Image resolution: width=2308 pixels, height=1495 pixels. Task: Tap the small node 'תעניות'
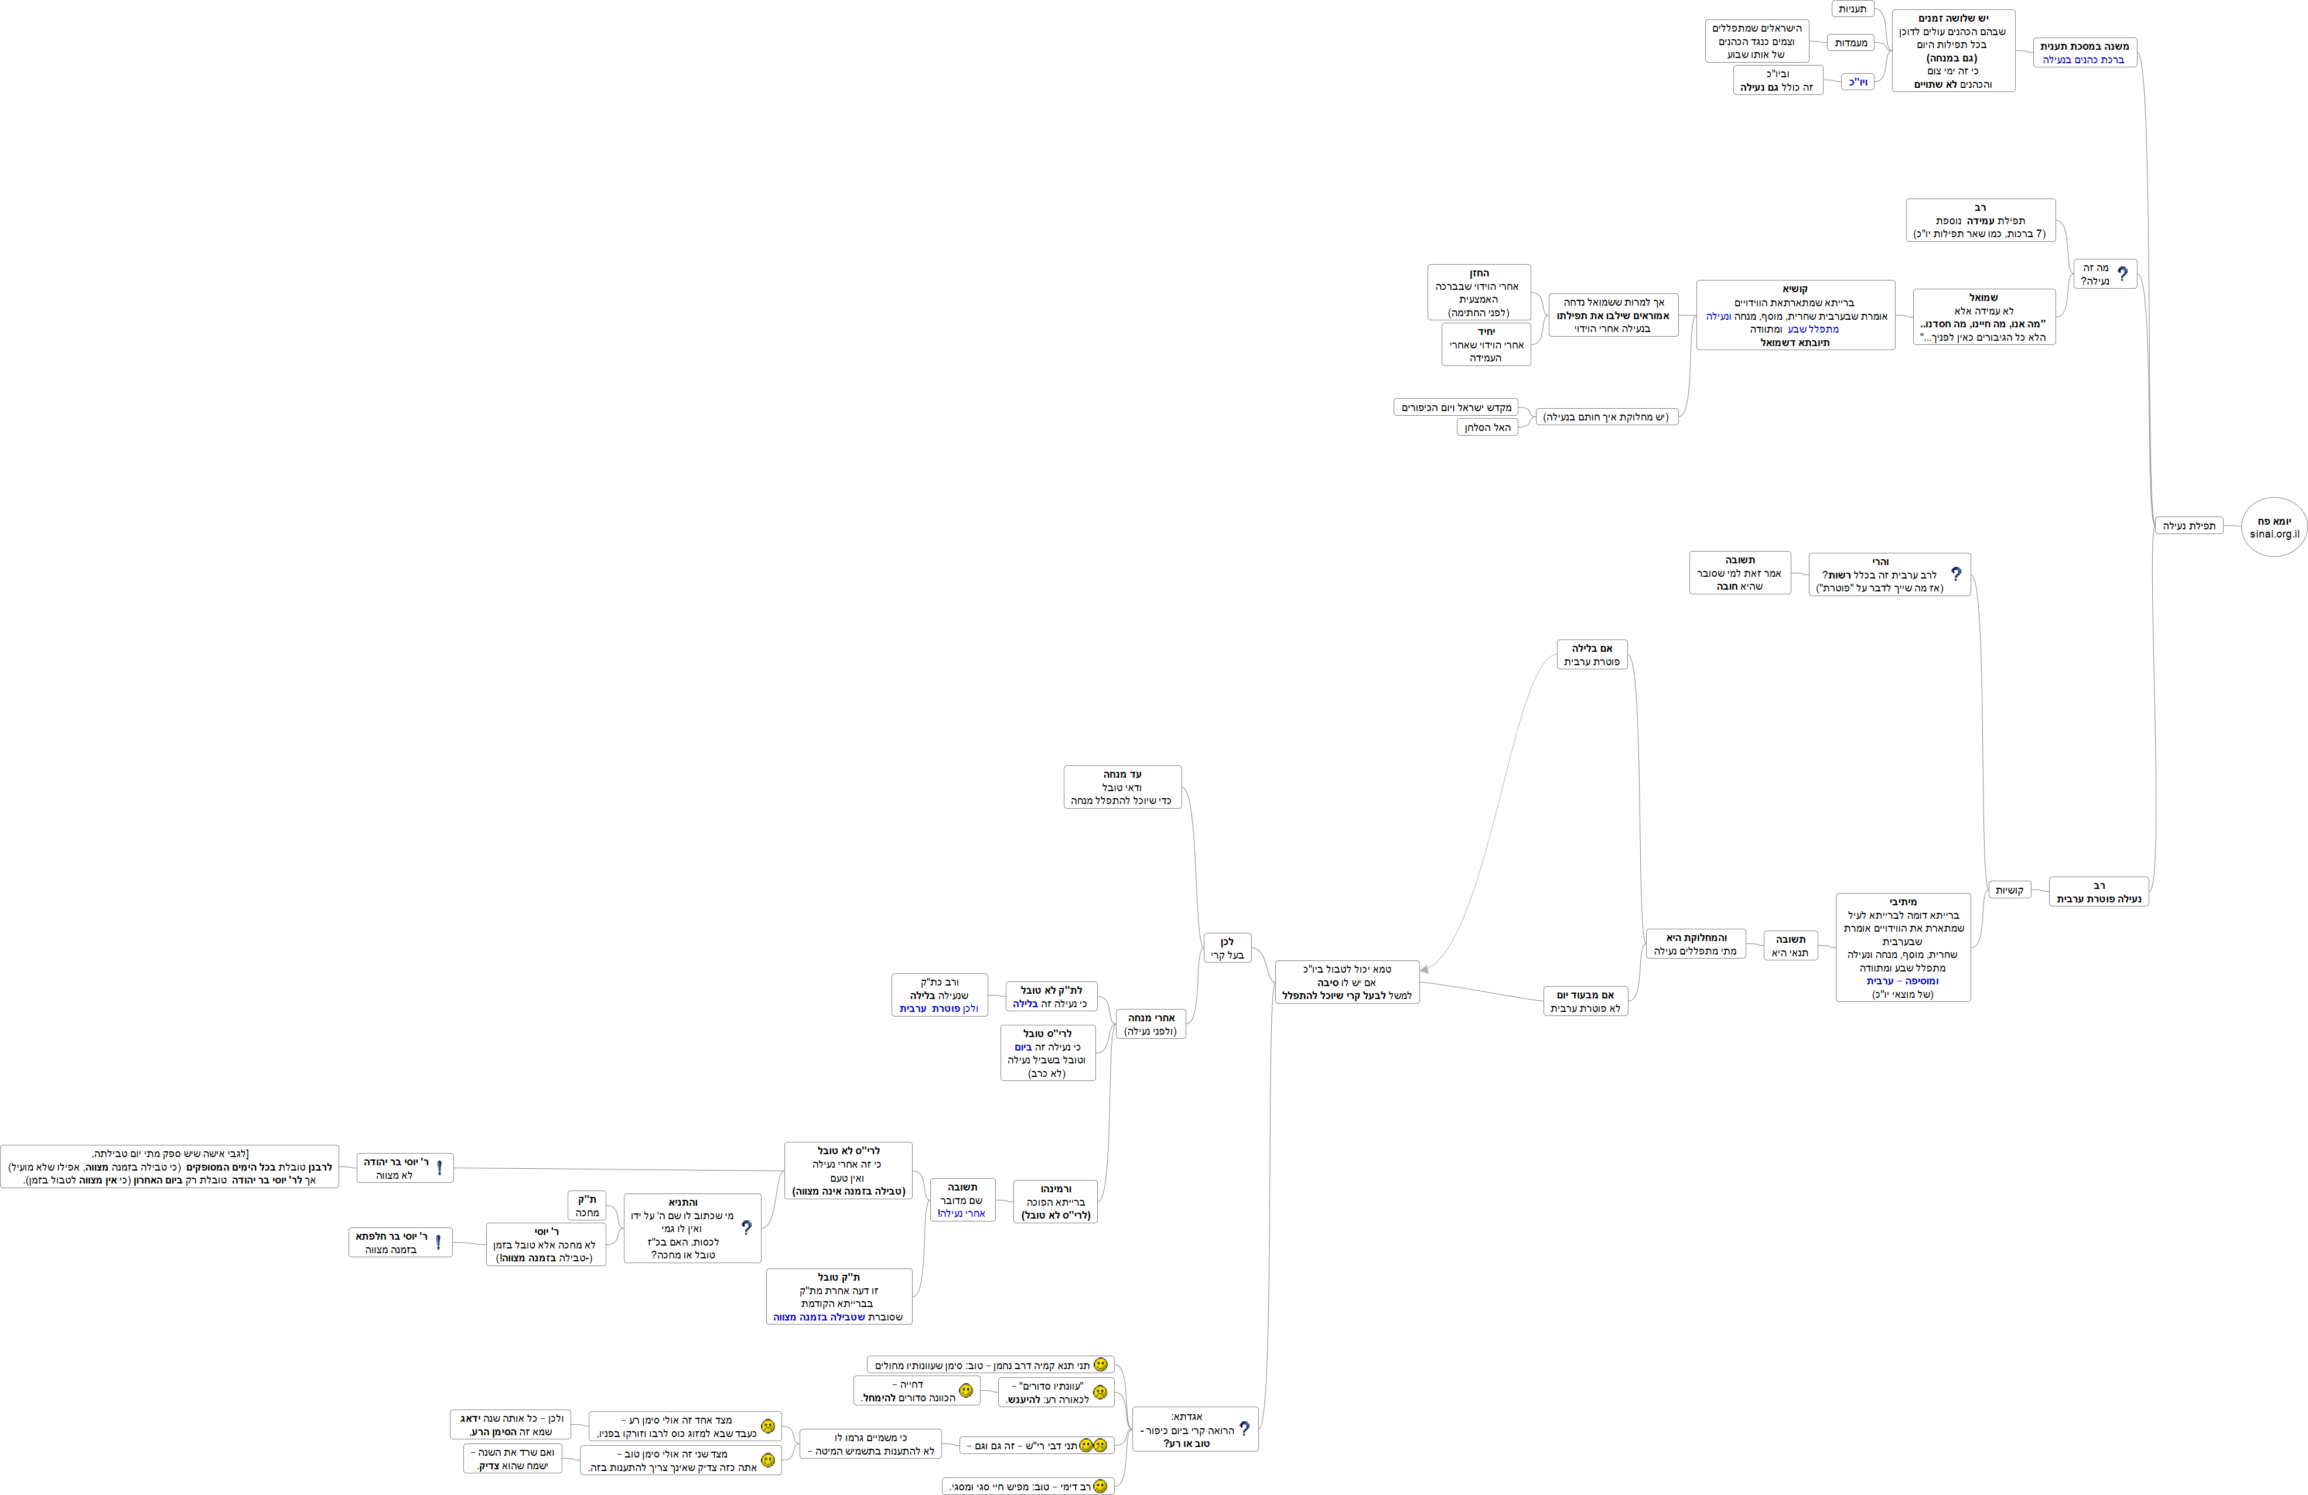click(x=1852, y=9)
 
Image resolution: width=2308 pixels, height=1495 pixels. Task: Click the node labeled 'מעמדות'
click(x=1851, y=43)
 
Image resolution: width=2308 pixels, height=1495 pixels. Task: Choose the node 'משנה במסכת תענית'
click(x=2084, y=52)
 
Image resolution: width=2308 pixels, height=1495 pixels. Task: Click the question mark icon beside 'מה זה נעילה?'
click(x=2123, y=275)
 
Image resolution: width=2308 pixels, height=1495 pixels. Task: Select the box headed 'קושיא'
click(x=1795, y=315)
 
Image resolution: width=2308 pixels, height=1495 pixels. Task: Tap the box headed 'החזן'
click(x=1479, y=292)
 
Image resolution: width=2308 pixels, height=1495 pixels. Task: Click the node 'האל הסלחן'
click(x=1487, y=427)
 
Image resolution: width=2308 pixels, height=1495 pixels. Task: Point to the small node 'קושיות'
click(x=2009, y=890)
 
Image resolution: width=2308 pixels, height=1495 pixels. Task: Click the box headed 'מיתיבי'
click(x=1903, y=947)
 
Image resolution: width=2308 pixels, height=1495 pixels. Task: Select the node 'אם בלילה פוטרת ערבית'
click(x=1592, y=655)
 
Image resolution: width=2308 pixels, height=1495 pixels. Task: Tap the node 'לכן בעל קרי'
click(x=1227, y=948)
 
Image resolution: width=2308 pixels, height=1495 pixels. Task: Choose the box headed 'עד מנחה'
click(x=1122, y=787)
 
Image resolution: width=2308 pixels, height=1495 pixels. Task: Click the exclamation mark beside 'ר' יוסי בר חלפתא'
click(x=438, y=1242)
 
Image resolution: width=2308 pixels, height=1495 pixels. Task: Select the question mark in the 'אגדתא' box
click(x=1244, y=1428)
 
